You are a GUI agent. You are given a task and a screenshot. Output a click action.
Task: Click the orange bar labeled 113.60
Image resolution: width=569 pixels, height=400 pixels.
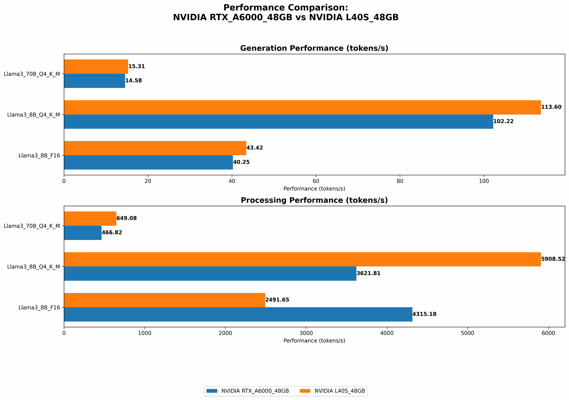point(302,107)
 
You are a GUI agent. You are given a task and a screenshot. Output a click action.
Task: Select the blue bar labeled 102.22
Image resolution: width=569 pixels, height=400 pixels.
point(278,121)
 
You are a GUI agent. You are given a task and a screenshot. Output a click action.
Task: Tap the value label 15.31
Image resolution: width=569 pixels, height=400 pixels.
point(137,67)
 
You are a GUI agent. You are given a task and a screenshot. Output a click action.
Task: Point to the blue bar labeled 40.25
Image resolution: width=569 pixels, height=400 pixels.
point(148,162)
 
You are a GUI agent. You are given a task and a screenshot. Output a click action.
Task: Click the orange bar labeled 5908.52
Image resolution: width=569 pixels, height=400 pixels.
point(302,259)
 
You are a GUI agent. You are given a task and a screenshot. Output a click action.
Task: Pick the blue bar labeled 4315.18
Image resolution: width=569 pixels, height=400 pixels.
point(238,314)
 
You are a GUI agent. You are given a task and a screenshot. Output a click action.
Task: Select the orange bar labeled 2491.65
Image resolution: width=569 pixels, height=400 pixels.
point(164,300)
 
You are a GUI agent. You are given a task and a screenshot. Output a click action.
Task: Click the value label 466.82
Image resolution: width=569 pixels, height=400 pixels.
point(112,233)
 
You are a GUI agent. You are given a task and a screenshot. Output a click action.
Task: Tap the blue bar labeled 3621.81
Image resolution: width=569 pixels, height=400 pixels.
point(210,273)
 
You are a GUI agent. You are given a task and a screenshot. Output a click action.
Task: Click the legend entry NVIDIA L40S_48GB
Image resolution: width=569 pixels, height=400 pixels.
point(339,391)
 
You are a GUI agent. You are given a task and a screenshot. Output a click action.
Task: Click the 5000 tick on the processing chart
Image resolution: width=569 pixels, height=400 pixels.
point(468,333)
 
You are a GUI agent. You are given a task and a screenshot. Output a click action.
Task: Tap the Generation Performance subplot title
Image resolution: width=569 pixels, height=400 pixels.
point(314,48)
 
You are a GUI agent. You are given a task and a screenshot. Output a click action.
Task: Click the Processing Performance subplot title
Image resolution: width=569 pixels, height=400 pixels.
point(314,200)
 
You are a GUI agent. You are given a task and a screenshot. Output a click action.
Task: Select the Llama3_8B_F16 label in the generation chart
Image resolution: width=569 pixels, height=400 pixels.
point(40,156)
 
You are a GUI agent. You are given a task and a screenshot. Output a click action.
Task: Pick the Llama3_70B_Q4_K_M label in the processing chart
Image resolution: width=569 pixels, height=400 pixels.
point(32,226)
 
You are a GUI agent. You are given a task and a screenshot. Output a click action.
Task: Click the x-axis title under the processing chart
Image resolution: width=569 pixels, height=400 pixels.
point(314,341)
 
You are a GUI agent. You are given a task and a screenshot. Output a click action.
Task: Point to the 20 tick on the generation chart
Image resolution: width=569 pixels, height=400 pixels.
point(148,181)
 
